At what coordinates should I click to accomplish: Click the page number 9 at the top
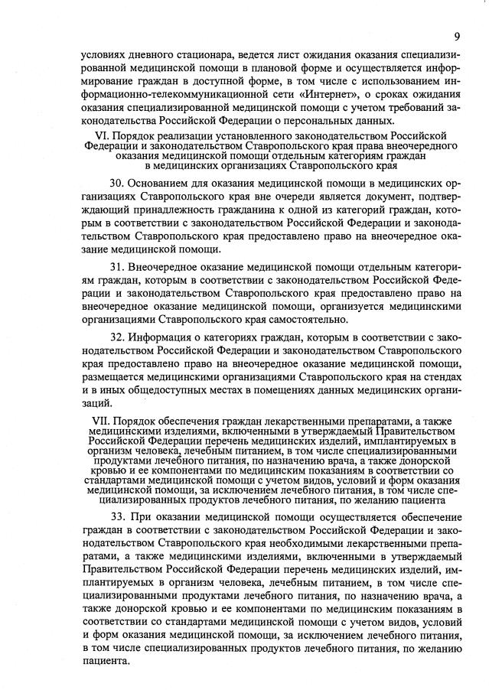455,35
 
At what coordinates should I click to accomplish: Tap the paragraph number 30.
116,184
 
